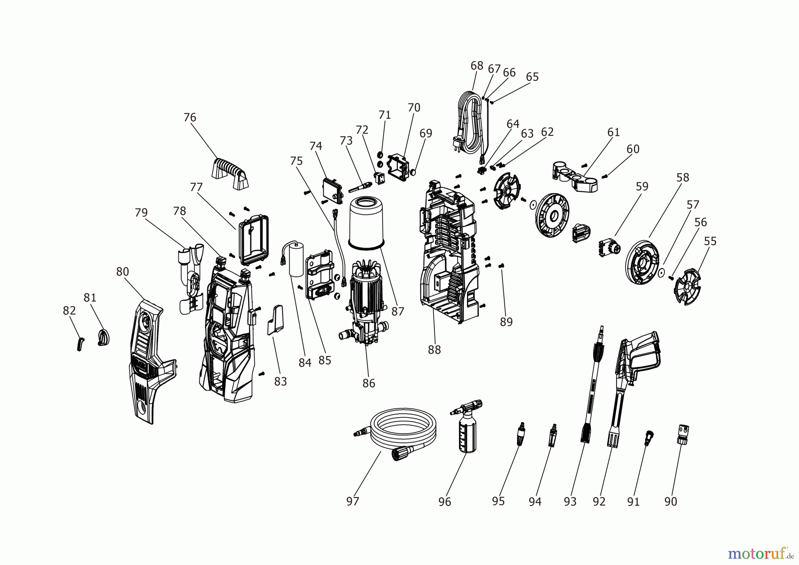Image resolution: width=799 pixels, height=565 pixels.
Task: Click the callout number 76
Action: coord(190,117)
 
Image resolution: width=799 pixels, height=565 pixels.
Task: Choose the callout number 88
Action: coord(434,350)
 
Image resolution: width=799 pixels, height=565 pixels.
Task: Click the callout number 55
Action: coord(710,241)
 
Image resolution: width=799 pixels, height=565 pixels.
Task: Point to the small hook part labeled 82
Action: coord(80,344)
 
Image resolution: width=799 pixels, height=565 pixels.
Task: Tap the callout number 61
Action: coord(613,132)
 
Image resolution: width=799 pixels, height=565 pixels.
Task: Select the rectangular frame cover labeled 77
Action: coord(253,238)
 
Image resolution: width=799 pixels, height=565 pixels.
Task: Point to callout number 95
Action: coord(498,501)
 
